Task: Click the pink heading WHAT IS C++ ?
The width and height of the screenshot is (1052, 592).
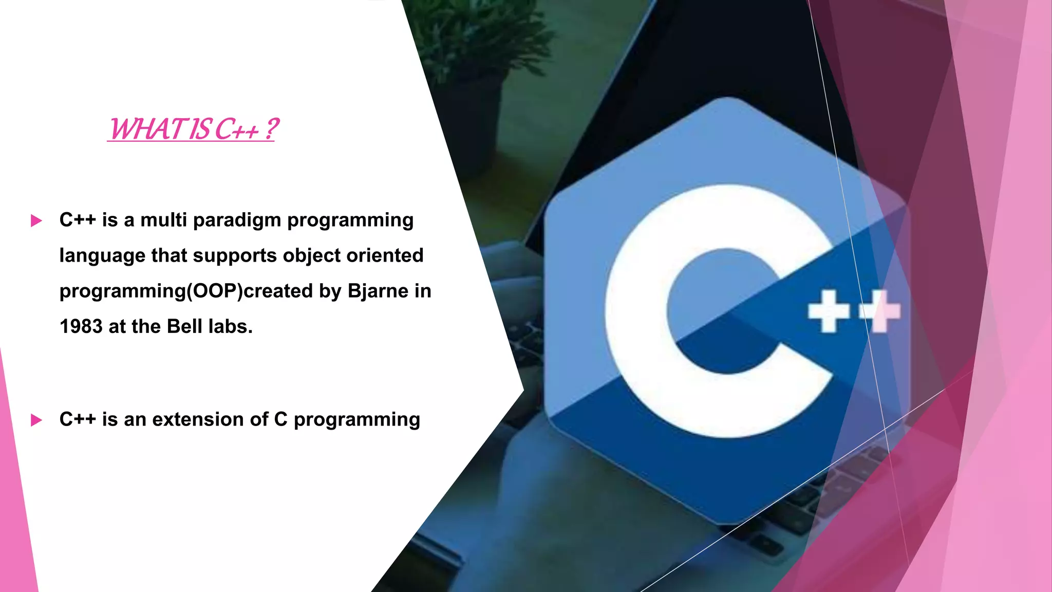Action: click(x=193, y=129)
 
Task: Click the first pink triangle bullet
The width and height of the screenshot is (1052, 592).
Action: click(x=36, y=221)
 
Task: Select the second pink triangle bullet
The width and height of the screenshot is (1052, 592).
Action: click(x=36, y=420)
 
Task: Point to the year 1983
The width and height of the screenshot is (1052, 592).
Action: click(x=81, y=327)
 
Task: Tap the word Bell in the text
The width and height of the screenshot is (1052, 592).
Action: click(x=184, y=327)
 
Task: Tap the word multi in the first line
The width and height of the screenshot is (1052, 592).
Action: click(x=163, y=220)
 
